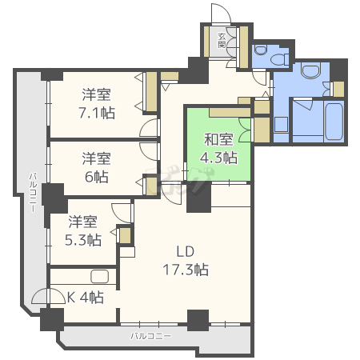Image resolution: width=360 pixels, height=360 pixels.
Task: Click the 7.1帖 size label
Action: [x=96, y=114]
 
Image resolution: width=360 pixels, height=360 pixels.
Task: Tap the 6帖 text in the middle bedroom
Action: [x=96, y=175]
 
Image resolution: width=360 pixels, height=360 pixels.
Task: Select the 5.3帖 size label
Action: [x=84, y=239]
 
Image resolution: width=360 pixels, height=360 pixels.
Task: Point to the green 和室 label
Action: [x=218, y=137]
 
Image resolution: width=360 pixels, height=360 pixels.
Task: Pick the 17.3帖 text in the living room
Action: [x=186, y=270]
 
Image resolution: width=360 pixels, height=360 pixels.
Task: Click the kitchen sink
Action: [x=100, y=277]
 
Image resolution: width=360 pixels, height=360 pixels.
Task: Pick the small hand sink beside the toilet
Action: [x=281, y=60]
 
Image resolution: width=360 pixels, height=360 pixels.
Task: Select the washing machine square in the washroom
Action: [x=281, y=124]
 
